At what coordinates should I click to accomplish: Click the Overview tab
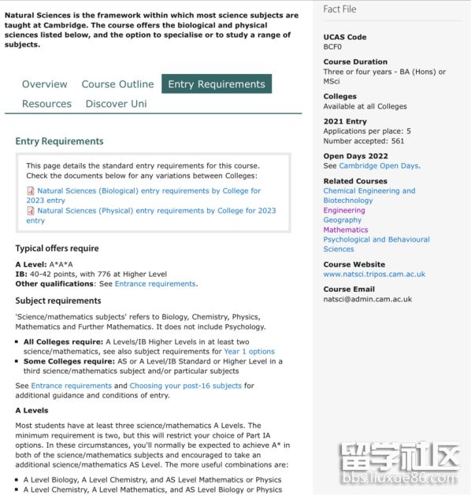(x=45, y=84)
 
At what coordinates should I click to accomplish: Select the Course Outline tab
(x=117, y=84)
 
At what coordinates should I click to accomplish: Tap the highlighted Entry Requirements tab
(x=217, y=84)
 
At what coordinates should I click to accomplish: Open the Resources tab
(x=46, y=104)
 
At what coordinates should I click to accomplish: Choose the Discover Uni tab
(x=116, y=104)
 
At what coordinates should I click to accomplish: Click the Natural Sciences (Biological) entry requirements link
(x=149, y=191)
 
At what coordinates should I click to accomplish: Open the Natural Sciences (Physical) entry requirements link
(x=156, y=211)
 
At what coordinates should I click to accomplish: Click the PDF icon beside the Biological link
(x=31, y=191)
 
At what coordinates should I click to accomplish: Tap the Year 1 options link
(x=249, y=351)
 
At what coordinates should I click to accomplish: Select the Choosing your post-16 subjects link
(x=186, y=386)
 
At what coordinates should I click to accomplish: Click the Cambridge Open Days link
(x=379, y=166)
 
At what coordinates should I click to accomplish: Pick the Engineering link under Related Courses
(x=343, y=210)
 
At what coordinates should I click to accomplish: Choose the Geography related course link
(x=342, y=220)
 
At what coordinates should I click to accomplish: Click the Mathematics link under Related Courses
(x=345, y=230)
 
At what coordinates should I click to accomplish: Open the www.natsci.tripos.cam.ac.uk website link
(x=374, y=274)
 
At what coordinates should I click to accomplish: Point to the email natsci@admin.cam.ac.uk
(x=367, y=299)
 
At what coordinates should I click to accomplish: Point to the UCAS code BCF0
(x=332, y=46)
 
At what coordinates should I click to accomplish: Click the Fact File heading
(x=339, y=9)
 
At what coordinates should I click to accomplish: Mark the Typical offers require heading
(x=57, y=249)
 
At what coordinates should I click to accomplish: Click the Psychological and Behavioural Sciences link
(x=376, y=244)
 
